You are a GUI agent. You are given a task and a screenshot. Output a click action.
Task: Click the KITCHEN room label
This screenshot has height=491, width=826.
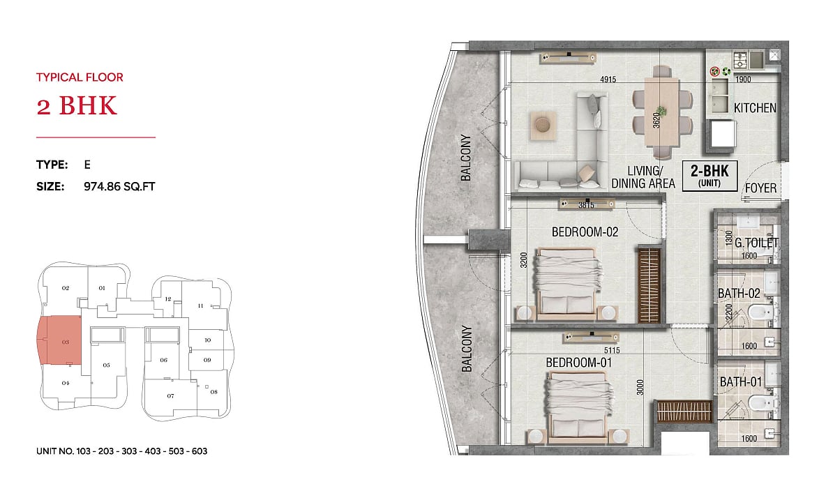pos(755,108)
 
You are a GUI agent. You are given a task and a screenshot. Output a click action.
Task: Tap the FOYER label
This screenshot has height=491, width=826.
pos(760,188)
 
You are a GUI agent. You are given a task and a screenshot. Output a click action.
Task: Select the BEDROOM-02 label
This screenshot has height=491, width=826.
pos(585,232)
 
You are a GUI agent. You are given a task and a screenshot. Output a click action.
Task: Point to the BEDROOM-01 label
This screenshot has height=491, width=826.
pos(578,363)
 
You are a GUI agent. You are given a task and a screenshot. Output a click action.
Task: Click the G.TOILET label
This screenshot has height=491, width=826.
pos(756,243)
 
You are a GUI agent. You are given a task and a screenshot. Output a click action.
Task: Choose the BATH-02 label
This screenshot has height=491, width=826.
pos(739,293)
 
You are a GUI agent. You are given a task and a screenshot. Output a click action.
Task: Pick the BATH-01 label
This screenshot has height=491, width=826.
pos(741,382)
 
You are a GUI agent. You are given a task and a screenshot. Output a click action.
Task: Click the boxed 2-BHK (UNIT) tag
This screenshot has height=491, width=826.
pos(709,176)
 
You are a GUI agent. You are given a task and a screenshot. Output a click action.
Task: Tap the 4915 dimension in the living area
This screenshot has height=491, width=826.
pos(608,80)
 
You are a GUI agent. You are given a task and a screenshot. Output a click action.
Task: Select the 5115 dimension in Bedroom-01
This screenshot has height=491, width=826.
pos(612,350)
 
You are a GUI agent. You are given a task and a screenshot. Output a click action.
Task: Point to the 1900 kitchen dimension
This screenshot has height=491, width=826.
pos(743,80)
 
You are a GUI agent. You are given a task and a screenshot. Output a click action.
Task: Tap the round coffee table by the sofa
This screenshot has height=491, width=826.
pos(543,126)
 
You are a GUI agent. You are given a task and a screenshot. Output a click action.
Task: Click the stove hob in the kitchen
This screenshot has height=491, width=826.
pos(741,60)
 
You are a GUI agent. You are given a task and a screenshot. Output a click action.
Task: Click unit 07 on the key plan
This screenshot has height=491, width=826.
pos(170,395)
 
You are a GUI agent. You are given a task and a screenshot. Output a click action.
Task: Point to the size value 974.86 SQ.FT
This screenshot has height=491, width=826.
pos(119,186)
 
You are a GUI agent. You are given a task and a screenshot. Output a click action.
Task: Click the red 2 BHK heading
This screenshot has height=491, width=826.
pos(76,105)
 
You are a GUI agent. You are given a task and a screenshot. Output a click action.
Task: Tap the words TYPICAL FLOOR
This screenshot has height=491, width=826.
pos(80,77)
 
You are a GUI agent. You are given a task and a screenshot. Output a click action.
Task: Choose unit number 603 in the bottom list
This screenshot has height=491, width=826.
pos(200,451)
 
